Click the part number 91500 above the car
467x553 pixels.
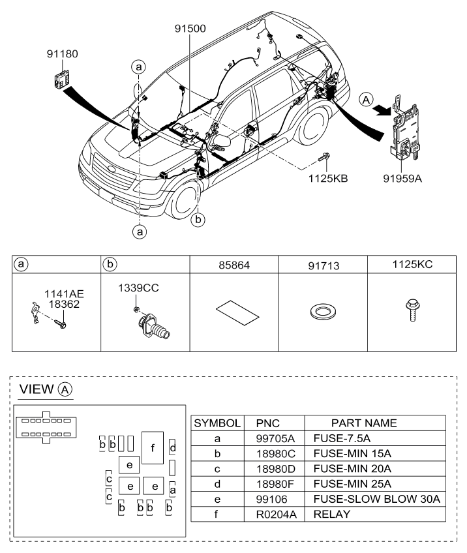[190, 29]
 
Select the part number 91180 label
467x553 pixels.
[63, 54]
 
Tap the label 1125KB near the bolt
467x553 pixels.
[328, 179]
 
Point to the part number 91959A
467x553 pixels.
[402, 179]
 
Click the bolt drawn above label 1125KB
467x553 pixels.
[324, 157]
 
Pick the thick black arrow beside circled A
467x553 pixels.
[382, 110]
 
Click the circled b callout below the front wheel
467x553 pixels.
[198, 220]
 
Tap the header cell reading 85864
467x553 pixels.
[234, 265]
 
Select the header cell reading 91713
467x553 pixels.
[324, 265]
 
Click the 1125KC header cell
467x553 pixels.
[412, 265]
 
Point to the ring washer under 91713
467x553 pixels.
[323, 312]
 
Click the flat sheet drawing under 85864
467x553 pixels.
[237, 312]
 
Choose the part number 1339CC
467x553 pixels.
[138, 288]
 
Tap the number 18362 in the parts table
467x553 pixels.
[64, 304]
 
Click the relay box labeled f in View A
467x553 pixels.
[153, 447]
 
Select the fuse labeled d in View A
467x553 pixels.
[172, 448]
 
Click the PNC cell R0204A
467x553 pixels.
[276, 515]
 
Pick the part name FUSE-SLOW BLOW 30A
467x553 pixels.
[377, 499]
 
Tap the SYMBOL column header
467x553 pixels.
[217, 423]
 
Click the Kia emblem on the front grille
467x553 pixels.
[112, 169]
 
